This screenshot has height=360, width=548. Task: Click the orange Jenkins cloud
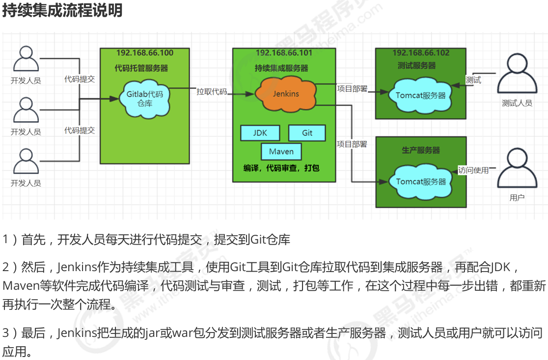coord(285,94)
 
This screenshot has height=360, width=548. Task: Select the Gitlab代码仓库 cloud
coord(144,97)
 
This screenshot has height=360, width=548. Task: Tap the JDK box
coord(260,133)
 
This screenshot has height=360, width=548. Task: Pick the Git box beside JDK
coord(307,133)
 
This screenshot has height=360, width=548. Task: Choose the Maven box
coord(281,151)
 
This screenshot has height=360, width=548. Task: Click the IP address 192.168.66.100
coord(144,53)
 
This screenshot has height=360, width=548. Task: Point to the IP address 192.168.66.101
coord(284,53)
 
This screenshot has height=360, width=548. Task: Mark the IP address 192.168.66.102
coord(421,53)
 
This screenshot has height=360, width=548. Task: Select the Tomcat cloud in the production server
coord(421,181)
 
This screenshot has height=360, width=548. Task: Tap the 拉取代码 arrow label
coord(212,91)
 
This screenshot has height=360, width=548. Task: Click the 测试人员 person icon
coord(517,75)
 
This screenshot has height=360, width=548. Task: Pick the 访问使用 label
coord(473,170)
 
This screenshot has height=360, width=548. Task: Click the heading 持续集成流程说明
coord(62,11)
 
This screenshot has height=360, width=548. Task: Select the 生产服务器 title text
coord(421,150)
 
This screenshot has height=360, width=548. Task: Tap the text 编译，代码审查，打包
coord(281,168)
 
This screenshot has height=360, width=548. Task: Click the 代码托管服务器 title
coord(141,68)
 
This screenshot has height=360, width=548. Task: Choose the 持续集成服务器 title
coord(281,68)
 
